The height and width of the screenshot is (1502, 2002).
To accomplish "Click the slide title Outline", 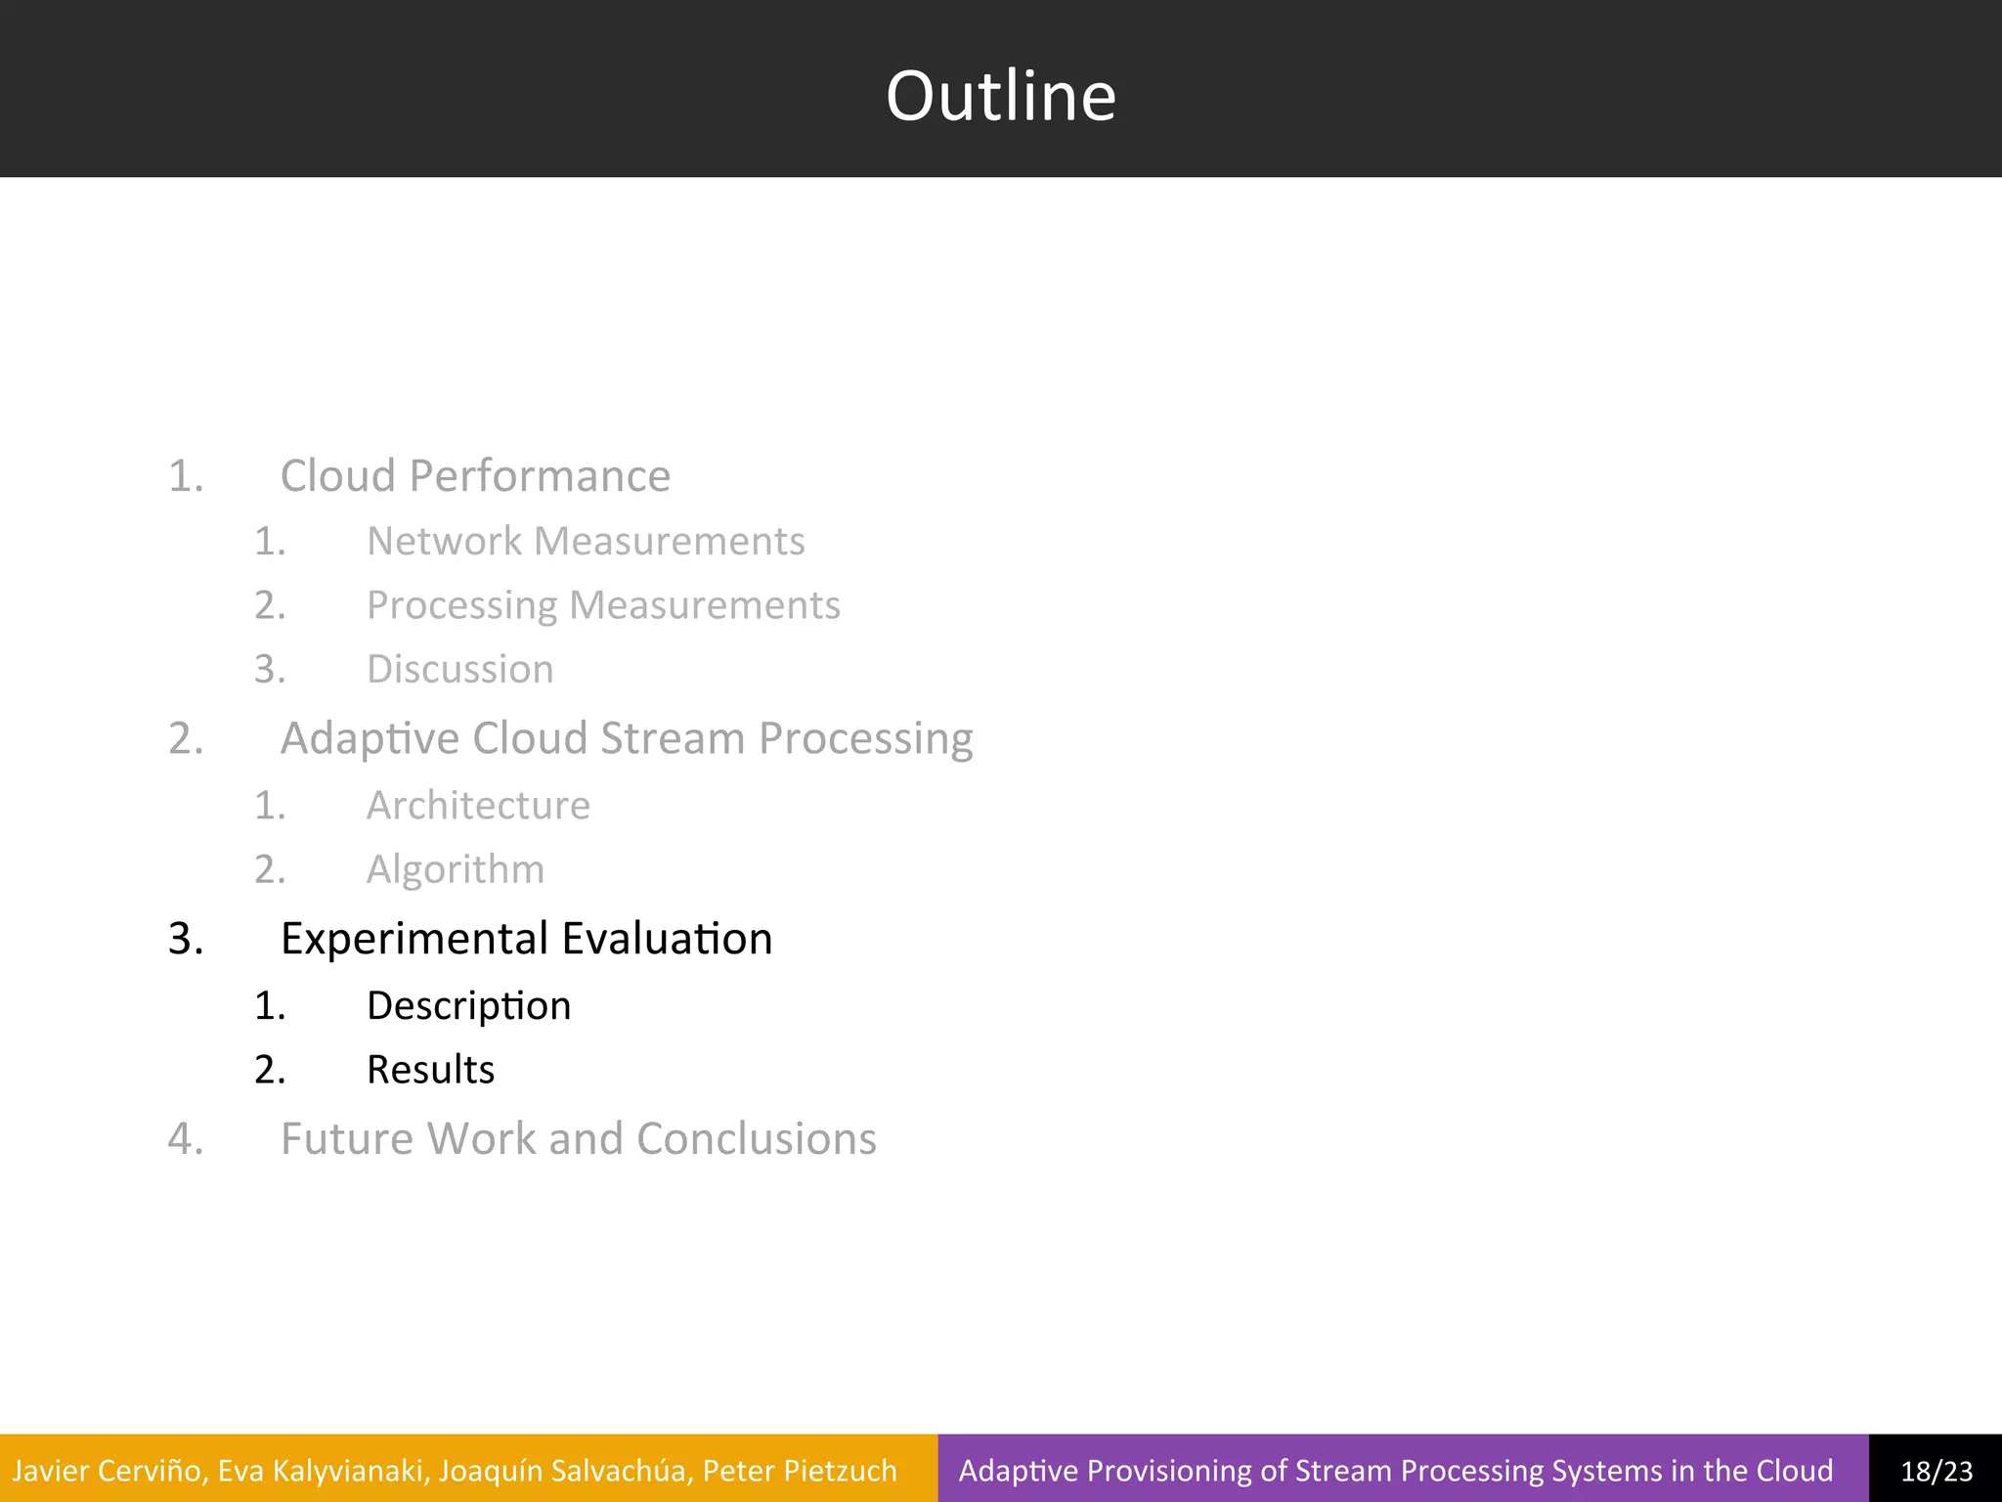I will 1000,96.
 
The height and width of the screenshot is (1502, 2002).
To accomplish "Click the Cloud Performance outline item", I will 475,476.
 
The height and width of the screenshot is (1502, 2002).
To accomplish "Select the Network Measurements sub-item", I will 586,541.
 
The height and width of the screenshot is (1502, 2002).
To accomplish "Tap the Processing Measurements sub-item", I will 603,605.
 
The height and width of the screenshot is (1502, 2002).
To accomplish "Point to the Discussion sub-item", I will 459,670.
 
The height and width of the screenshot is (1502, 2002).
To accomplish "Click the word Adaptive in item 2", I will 370,738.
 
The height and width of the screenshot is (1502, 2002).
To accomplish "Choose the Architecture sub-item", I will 478,806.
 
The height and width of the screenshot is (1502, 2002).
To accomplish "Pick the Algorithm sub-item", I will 455,869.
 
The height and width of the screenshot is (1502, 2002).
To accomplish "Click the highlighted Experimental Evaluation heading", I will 526,939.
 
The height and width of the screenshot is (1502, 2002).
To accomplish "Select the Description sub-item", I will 468,1006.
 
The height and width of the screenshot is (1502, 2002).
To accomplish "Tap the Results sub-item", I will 430,1070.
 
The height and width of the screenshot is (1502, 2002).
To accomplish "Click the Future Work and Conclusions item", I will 578,1139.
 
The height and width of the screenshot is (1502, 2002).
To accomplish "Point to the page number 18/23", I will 1936,1471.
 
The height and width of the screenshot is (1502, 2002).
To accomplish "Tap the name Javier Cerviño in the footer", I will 108,1471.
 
